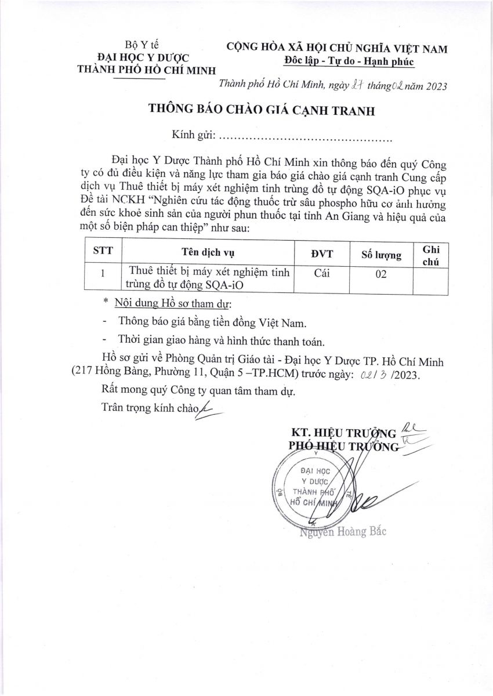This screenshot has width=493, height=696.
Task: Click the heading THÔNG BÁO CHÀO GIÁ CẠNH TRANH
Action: click(x=262, y=111)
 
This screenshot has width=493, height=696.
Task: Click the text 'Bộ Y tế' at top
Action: click(x=142, y=45)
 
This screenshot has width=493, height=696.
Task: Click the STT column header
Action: click(x=103, y=251)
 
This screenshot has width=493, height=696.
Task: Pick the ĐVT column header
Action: click(x=322, y=253)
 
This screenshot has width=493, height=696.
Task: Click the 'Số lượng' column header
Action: click(x=381, y=255)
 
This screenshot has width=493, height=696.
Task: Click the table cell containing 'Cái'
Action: click(x=322, y=273)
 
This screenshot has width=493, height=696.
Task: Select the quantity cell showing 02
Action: click(x=380, y=274)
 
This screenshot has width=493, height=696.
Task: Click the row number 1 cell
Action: click(x=103, y=273)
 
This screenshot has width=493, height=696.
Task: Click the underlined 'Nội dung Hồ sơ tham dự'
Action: click(x=172, y=303)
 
